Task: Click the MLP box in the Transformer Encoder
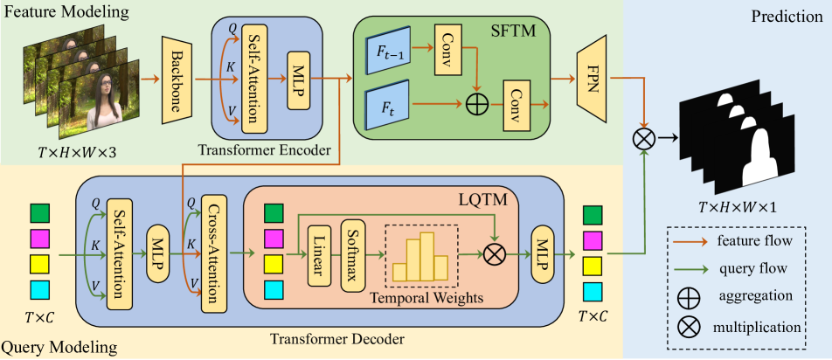pos(299,80)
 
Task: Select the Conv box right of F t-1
pos(449,49)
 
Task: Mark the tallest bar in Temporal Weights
pos(426,255)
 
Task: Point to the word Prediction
pos(786,17)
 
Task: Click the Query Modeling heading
pos(59,349)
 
